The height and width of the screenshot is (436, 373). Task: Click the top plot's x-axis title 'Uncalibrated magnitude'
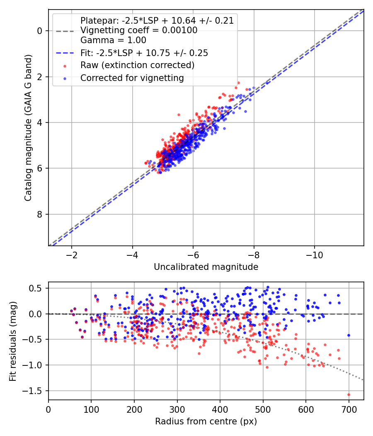pos(206,267)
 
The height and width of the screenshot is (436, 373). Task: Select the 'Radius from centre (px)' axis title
pos(206,421)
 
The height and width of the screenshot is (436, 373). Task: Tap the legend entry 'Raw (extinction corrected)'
pos(137,65)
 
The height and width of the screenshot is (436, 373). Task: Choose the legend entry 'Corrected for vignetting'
pos(132,78)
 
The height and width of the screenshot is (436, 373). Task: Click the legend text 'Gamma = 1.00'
pos(113,40)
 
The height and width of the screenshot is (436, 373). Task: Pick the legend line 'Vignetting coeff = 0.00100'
pos(139,30)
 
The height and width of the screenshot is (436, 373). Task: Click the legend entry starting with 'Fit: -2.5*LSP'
pos(144,53)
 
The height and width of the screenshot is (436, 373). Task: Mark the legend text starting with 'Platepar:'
pos(157,20)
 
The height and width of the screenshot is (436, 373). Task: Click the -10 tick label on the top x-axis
pos(314,254)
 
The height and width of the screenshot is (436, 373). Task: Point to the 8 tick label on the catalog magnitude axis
pos(40,214)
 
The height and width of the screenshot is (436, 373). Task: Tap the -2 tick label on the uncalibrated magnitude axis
pos(72,254)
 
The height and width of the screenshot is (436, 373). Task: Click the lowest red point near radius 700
pos(349,394)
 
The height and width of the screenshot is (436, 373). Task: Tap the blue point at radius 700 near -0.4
pos(349,335)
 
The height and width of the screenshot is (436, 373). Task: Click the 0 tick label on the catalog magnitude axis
pos(40,31)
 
